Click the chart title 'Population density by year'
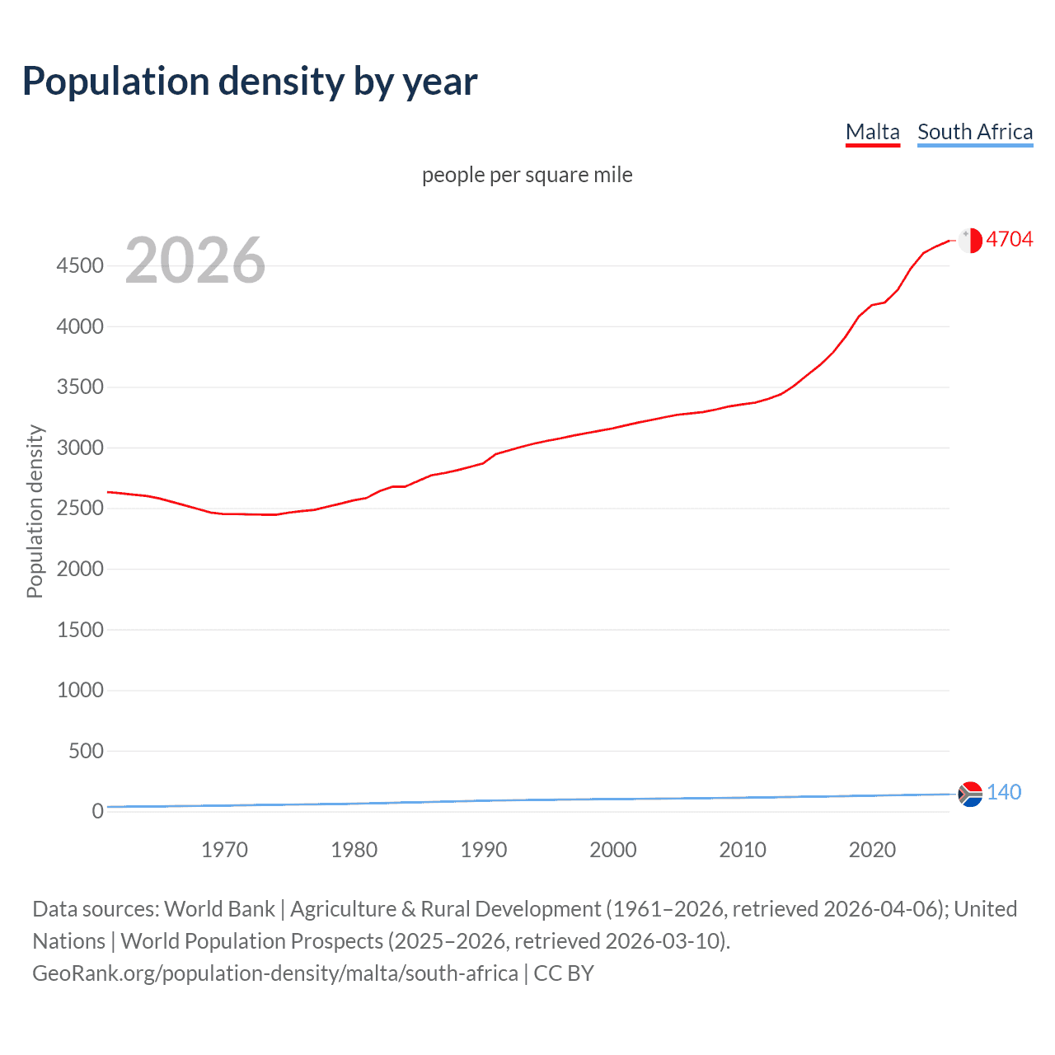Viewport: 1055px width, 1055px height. click(x=250, y=82)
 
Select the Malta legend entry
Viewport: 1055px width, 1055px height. click(x=872, y=132)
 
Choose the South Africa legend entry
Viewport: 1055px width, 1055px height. click(x=974, y=132)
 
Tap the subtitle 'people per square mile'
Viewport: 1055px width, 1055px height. click(x=527, y=175)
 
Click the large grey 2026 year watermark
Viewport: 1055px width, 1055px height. click(x=195, y=260)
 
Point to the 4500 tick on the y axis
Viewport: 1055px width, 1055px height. click(x=80, y=265)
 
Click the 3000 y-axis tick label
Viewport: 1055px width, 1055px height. click(x=80, y=448)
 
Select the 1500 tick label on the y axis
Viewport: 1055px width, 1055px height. click(x=80, y=630)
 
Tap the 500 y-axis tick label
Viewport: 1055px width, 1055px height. click(x=86, y=751)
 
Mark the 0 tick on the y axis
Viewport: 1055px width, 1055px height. click(x=98, y=811)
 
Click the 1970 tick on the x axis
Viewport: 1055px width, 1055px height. click(x=224, y=850)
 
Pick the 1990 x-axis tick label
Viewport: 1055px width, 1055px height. click(x=484, y=850)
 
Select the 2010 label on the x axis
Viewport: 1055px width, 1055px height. click(x=743, y=850)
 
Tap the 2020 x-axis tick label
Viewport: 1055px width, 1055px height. click(x=872, y=850)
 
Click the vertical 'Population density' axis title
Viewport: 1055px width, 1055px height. click(x=35, y=511)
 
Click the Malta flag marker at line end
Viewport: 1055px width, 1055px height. click(x=970, y=240)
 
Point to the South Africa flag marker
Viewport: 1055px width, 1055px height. click(x=970, y=794)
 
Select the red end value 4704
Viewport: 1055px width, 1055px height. click(x=1009, y=239)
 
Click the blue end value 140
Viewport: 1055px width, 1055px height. click(x=1003, y=792)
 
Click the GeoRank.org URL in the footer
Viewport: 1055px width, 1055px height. click(x=275, y=973)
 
